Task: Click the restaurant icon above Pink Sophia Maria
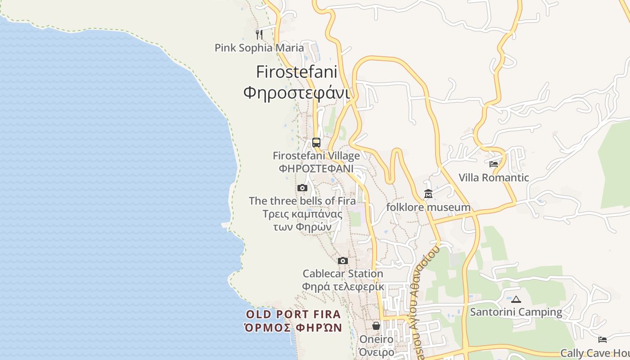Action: (259, 34)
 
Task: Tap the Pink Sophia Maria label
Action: (259, 48)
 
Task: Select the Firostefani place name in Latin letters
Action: (297, 72)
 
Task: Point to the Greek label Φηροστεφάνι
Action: (297, 92)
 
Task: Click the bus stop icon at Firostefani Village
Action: (316, 143)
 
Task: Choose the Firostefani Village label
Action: (316, 156)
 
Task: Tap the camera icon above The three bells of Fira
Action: (302, 188)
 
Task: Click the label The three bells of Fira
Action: (302, 201)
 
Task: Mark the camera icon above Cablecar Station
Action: (343, 261)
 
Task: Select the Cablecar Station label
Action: (343, 274)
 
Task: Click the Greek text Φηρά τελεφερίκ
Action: (343, 287)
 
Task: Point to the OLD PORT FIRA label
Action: (293, 314)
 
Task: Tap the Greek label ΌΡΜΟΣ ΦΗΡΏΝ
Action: (293, 328)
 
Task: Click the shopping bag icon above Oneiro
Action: (376, 326)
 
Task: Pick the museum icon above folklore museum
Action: (428, 194)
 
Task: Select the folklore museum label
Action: (428, 207)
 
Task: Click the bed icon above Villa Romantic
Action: (494, 164)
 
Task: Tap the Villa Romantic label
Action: (494, 178)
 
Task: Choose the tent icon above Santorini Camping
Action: (516, 299)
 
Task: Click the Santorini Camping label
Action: (516, 312)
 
